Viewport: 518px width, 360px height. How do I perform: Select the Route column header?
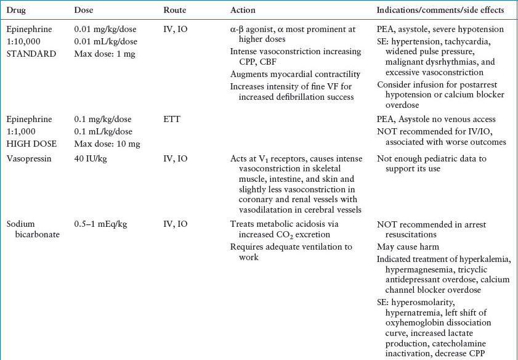pyautogui.click(x=176, y=10)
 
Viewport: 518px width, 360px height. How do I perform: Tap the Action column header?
pyautogui.click(x=243, y=10)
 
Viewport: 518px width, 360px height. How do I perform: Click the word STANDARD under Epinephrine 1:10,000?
pyautogui.click(x=29, y=53)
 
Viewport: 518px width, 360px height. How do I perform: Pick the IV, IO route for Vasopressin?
pyautogui.click(x=176, y=159)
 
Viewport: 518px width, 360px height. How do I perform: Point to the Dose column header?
pyautogui.click(x=84, y=10)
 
